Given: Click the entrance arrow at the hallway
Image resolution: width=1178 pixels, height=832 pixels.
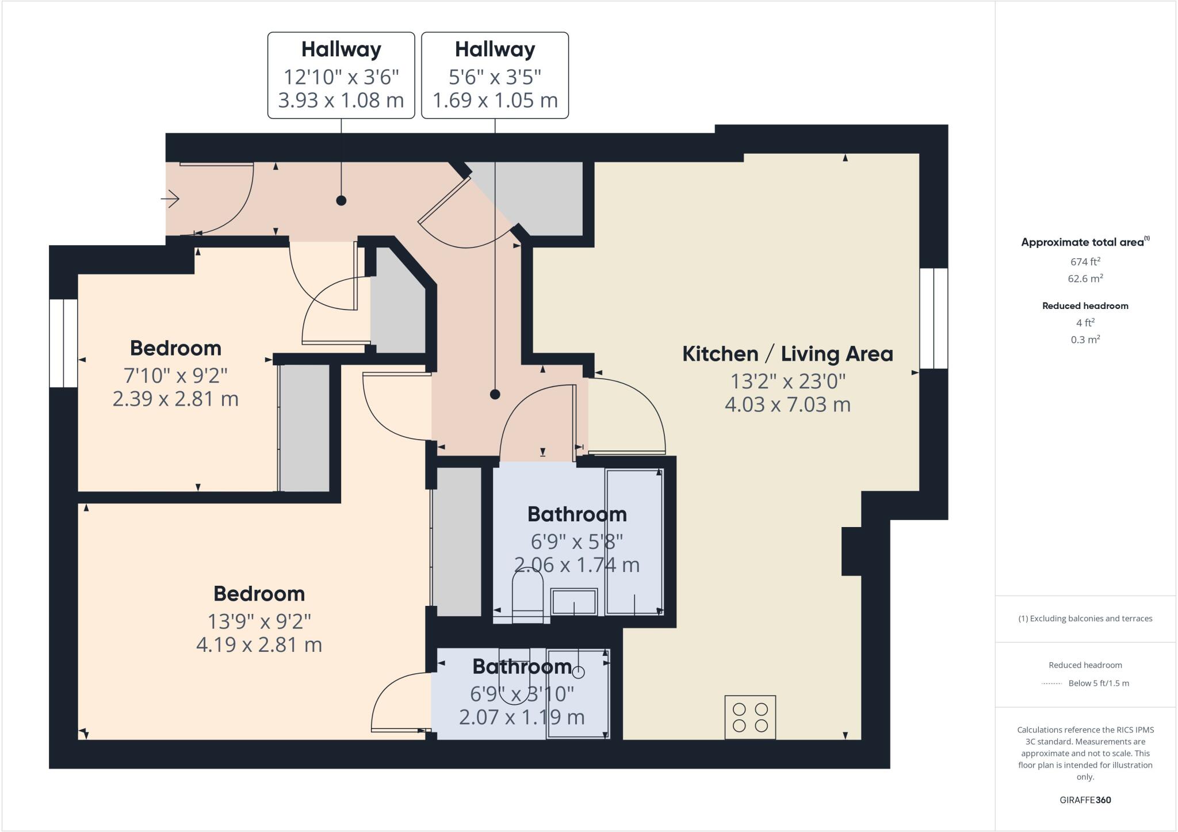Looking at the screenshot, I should pos(170,200).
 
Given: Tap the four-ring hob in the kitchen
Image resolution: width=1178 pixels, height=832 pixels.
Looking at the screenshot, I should pos(750,717).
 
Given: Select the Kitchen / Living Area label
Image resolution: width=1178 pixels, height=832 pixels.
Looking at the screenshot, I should pos(787,354).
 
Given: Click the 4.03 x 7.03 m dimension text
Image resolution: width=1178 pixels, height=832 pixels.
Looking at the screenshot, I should pos(787,404).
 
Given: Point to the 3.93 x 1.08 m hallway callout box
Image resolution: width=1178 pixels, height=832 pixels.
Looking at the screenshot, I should pos(341,75).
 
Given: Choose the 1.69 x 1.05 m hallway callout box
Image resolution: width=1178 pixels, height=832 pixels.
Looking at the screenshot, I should pos(495,75).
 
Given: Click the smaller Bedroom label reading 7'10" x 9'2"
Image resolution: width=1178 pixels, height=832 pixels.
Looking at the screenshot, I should pos(175,349).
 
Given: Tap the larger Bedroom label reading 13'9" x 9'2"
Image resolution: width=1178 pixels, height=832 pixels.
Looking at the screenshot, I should pos(259,594).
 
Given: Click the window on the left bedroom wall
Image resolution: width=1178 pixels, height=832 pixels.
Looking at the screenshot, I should pos(63,343).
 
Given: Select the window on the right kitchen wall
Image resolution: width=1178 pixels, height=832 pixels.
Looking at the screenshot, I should pos(933,318).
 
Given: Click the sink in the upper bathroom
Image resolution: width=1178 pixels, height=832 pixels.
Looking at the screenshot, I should pos(574,602).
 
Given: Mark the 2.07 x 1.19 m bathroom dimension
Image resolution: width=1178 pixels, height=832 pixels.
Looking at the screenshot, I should pos(522,717).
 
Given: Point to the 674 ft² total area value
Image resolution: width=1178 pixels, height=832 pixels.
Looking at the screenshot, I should pos(1085,262).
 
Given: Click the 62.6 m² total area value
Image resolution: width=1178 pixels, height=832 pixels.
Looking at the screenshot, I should pos(1085,278).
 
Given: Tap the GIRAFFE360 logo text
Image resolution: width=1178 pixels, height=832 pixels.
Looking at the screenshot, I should pos(1085,800).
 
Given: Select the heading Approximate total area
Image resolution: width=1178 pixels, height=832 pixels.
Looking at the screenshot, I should pos(1083,242).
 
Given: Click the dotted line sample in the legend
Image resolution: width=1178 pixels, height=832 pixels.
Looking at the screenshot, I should pos(1051,684).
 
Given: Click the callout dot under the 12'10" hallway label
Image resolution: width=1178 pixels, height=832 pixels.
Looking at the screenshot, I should pos(341,201).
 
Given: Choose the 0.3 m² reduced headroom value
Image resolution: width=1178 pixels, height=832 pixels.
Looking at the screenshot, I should pos(1085,339).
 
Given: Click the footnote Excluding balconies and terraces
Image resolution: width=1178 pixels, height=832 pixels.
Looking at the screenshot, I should pos(1085,619).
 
